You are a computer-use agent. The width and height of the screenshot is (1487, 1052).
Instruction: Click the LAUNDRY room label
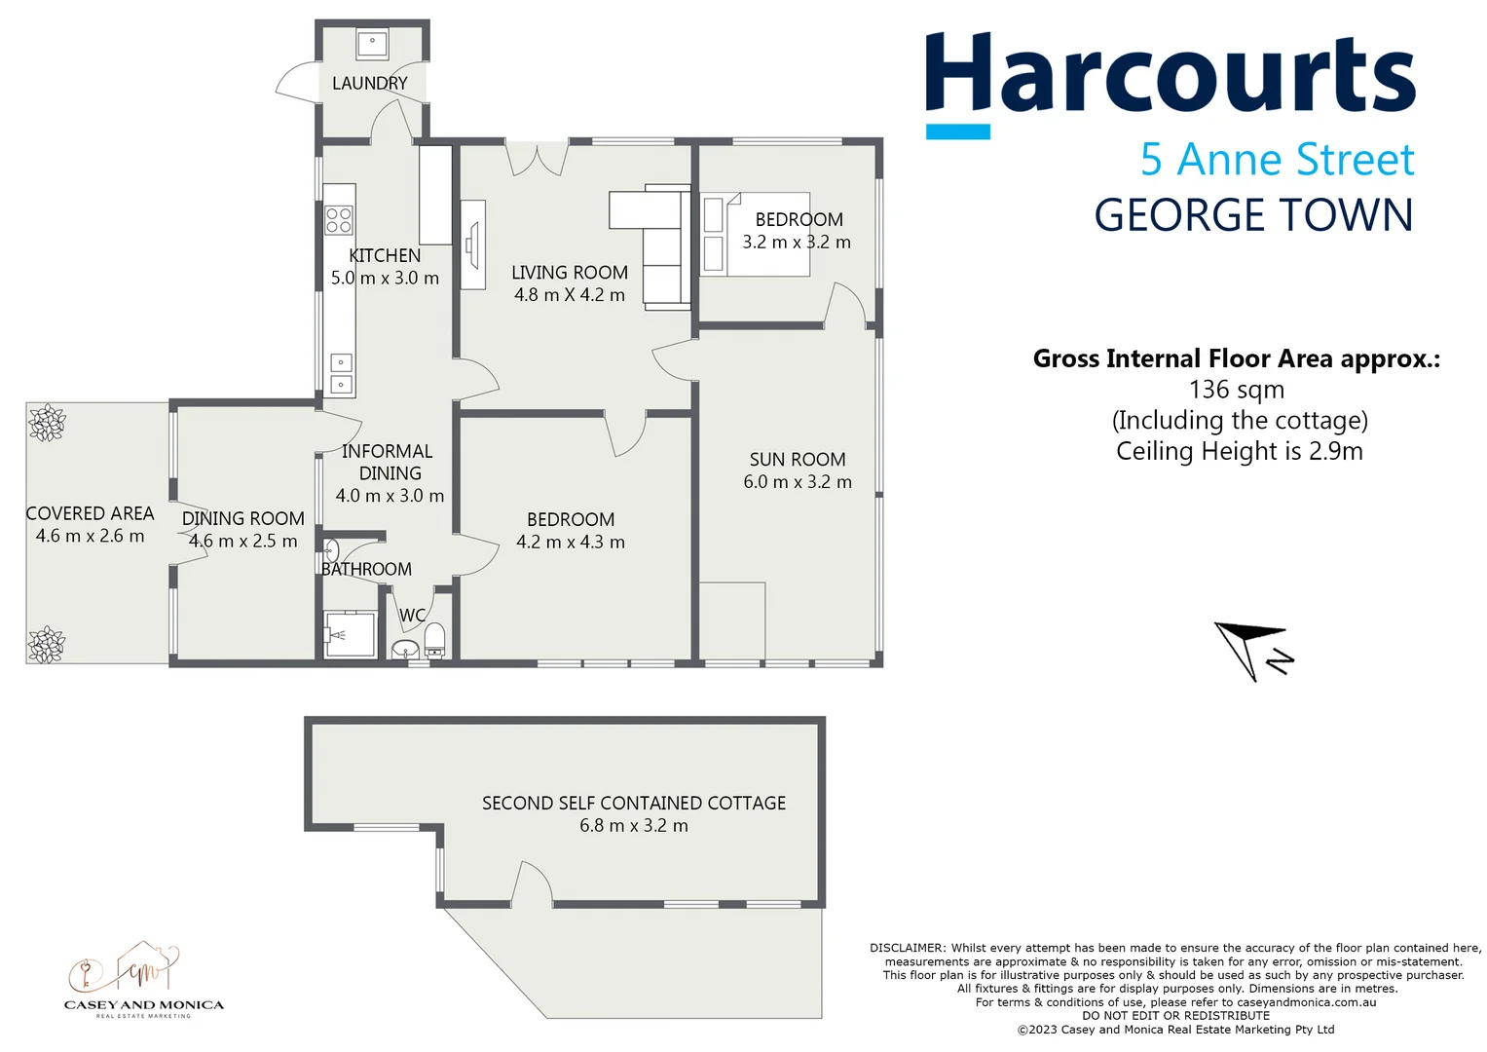pyautogui.click(x=369, y=84)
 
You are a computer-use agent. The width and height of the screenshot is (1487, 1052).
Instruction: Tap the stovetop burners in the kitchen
pyautogui.click(x=339, y=220)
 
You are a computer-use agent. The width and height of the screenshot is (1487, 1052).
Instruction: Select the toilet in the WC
pyautogui.click(x=434, y=640)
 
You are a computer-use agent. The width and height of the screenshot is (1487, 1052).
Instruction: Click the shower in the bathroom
pyautogui.click(x=350, y=635)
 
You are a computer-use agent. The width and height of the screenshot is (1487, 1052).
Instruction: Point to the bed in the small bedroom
pyautogui.click(x=756, y=234)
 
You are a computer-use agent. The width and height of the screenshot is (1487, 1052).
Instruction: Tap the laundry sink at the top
pyautogui.click(x=372, y=44)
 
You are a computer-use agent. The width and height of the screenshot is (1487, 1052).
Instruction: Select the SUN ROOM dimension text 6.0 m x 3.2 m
pyautogui.click(x=798, y=482)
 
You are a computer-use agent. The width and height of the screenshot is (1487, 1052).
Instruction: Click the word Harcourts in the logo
pyautogui.click(x=1170, y=74)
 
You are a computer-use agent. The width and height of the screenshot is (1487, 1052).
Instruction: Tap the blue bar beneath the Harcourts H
pyautogui.click(x=957, y=131)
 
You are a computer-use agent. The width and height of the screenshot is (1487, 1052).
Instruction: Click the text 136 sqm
pyautogui.click(x=1237, y=390)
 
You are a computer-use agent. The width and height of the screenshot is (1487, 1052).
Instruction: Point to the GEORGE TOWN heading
pyautogui.click(x=1253, y=215)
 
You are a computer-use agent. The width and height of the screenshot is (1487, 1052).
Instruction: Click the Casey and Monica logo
pyautogui.click(x=143, y=980)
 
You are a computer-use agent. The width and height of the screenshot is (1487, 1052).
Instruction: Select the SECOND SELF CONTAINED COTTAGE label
pyautogui.click(x=634, y=804)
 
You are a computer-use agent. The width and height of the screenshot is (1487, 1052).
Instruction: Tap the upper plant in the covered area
pyautogui.click(x=47, y=424)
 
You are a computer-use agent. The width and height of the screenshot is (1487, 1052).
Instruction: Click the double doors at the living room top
pyautogui.click(x=537, y=159)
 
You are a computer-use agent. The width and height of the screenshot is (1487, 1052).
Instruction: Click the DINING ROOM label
pyautogui.click(x=243, y=519)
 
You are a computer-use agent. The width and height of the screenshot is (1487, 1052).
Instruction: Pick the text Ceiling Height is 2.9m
pyautogui.click(x=1239, y=451)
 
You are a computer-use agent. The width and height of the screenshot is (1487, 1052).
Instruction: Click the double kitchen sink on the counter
pyautogui.click(x=340, y=374)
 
